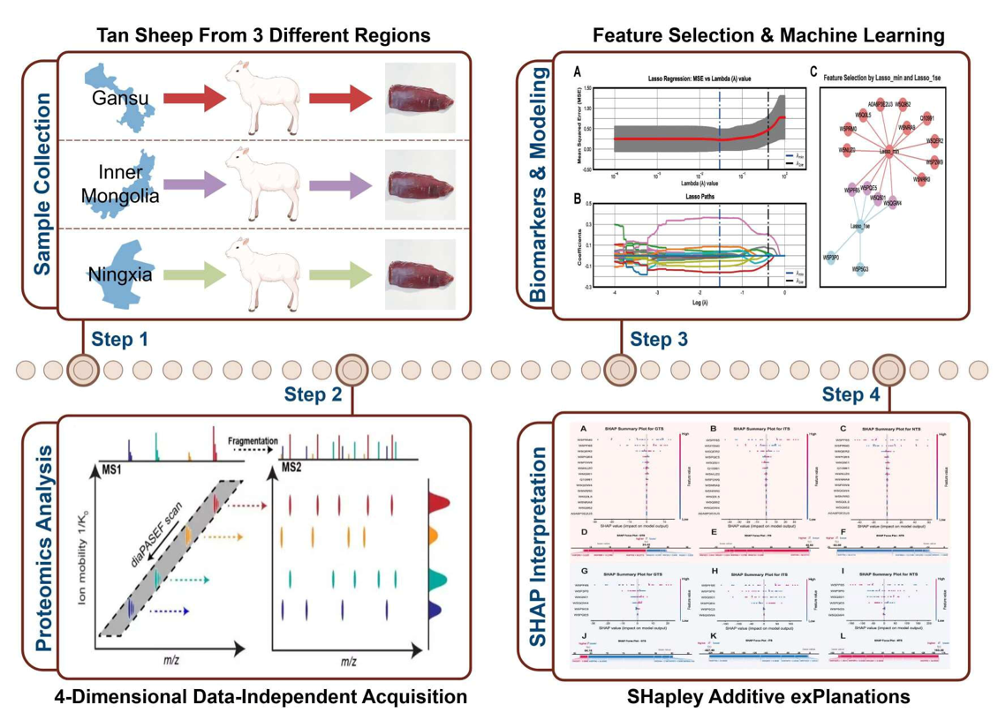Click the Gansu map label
pos(119,98)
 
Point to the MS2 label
pos(293,465)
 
